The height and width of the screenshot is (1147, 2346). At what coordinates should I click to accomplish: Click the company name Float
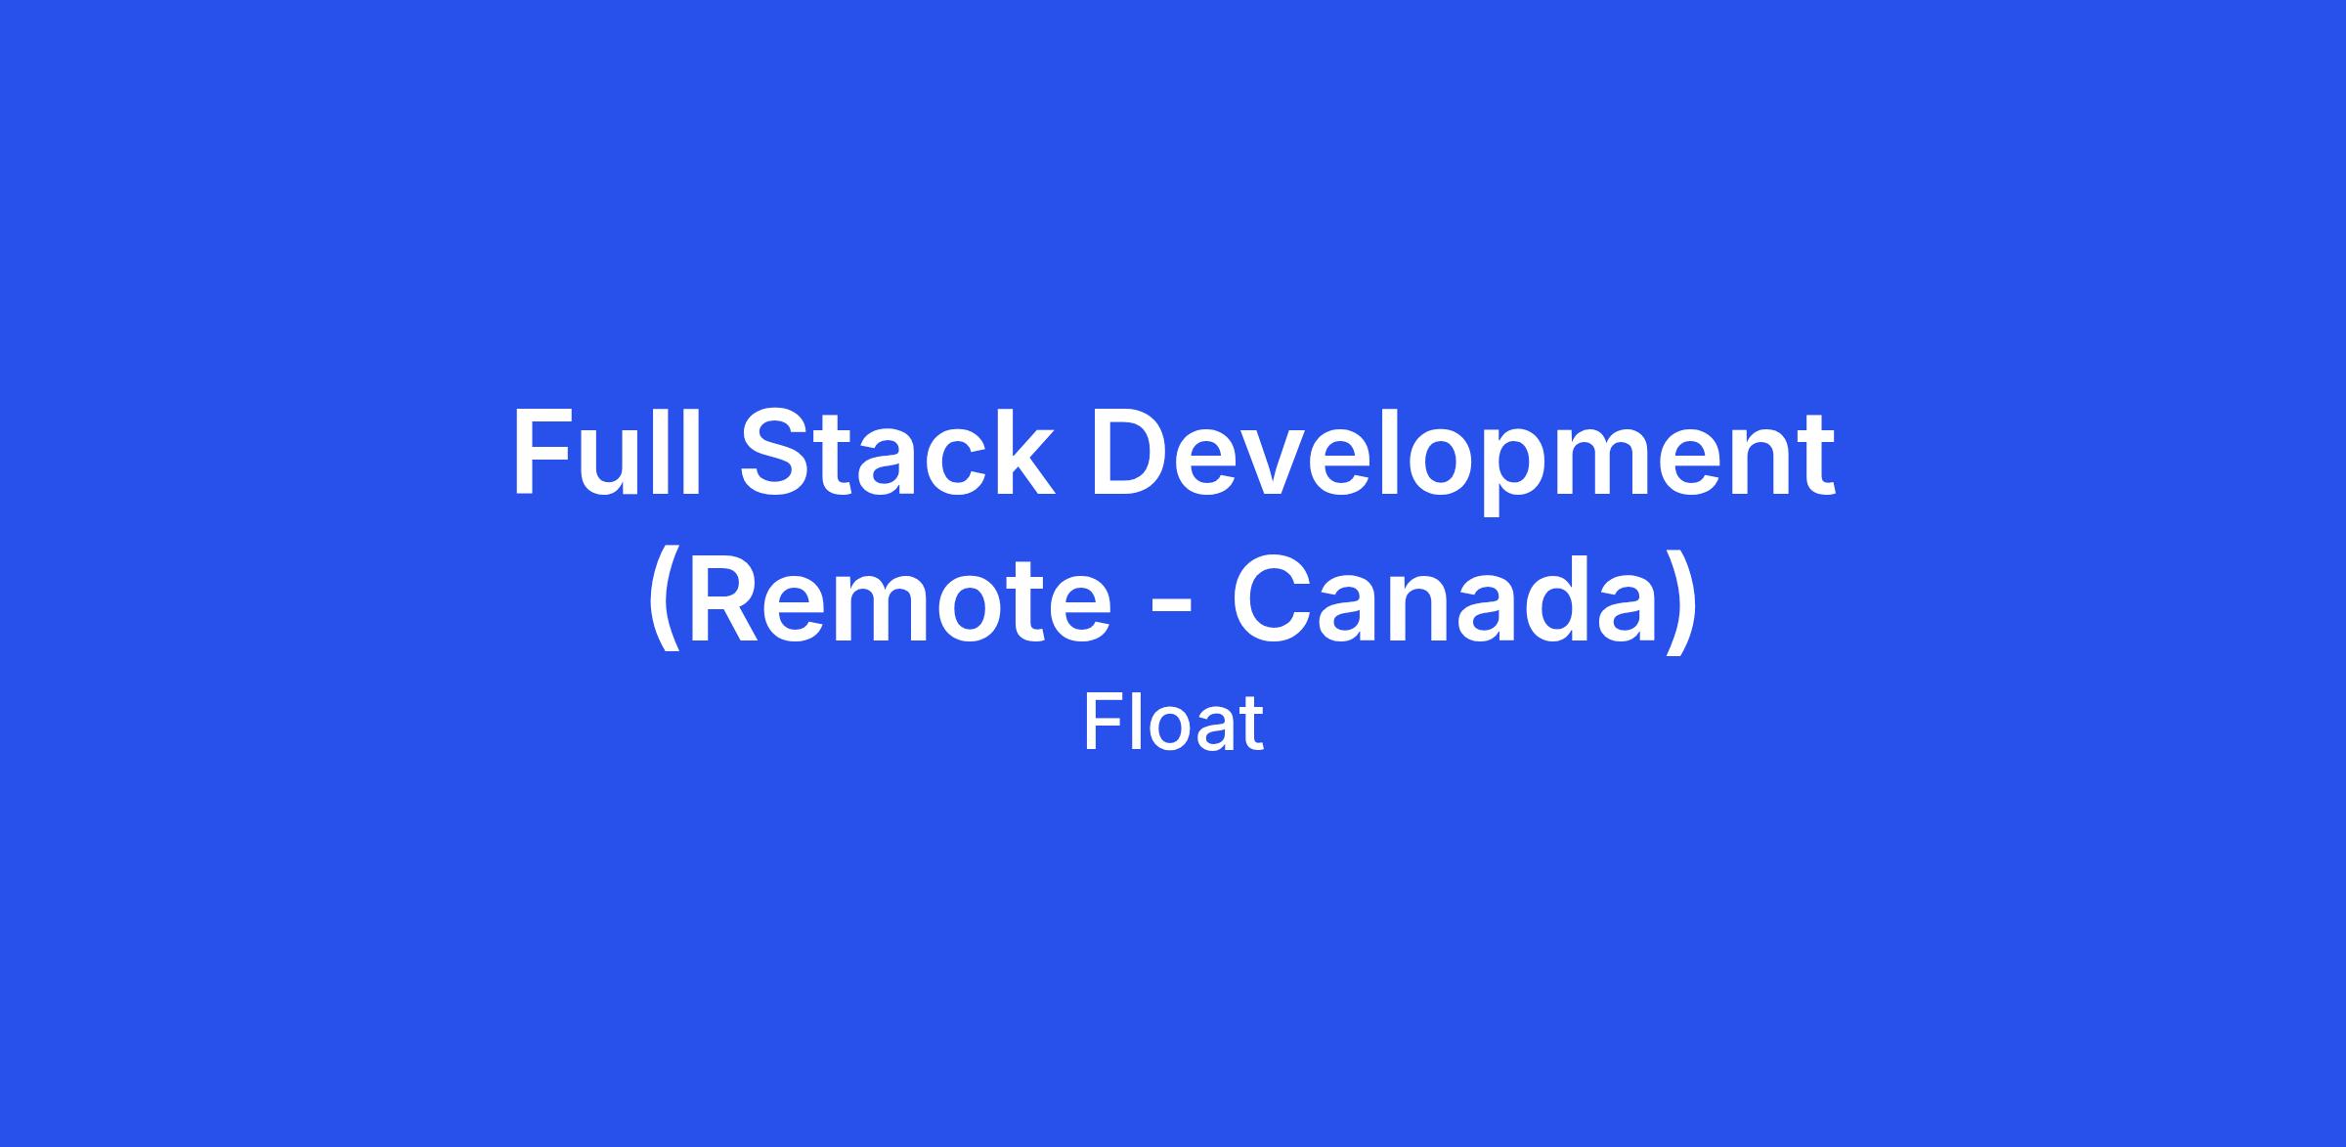1173,724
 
